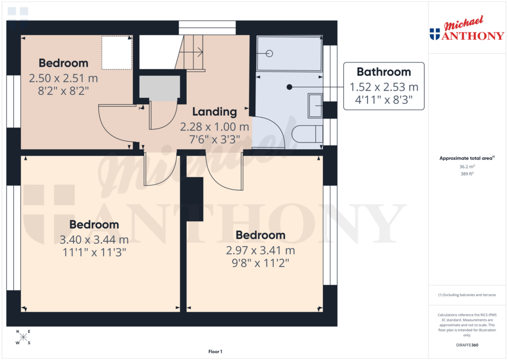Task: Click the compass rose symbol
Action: tap(23, 338)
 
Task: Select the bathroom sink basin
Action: tap(315, 105)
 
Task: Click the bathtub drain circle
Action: tap(270, 53)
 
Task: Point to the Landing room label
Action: tap(214, 111)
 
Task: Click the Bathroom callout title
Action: tap(383, 72)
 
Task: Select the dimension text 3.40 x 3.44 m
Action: tap(94, 240)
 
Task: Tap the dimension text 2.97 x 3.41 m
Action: tap(260, 250)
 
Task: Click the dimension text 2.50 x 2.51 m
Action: tap(63, 78)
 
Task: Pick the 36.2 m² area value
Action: tap(467, 167)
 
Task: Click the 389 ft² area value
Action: tap(467, 174)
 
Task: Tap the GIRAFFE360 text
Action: tap(467, 345)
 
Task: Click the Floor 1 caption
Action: tap(215, 352)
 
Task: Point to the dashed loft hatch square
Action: tap(117, 53)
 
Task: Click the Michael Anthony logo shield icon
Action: tap(435, 34)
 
